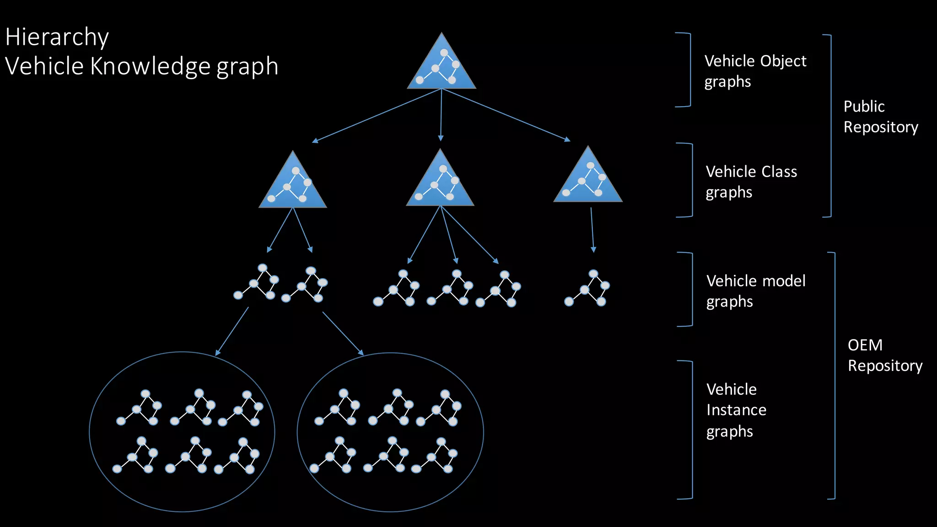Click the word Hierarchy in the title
[57, 37]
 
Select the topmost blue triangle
[442, 65]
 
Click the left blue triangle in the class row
[293, 183]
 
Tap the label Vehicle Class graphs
[751, 182]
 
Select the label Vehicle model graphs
[756, 291]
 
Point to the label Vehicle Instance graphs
[736, 410]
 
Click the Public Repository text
[880, 116]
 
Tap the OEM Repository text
[884, 355]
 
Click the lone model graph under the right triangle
[587, 288]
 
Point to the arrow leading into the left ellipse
[232, 331]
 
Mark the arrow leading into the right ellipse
[343, 333]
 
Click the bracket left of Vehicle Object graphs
[689, 70]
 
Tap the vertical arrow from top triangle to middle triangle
[441, 115]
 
